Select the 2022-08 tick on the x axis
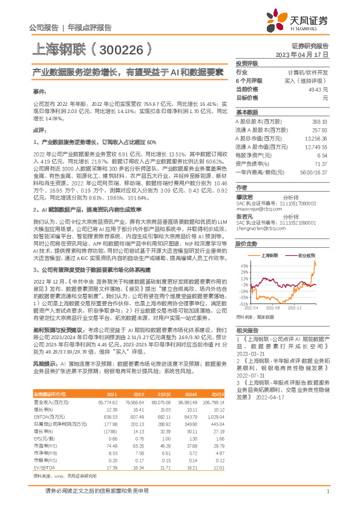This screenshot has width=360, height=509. (x=278, y=307)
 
